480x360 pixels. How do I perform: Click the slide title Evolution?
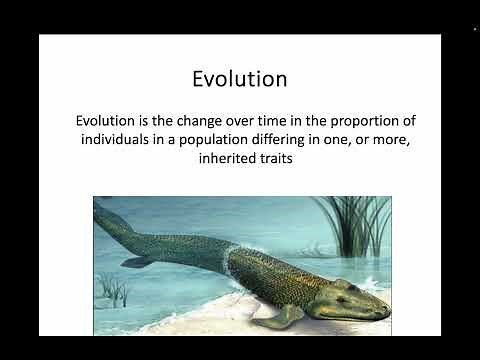click(x=239, y=78)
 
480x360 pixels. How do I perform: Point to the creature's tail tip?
click(x=99, y=205)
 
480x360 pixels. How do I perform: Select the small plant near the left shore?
click(x=116, y=291)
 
